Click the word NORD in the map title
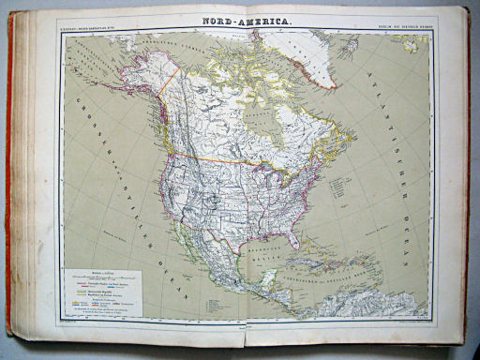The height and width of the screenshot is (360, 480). (x=218, y=20)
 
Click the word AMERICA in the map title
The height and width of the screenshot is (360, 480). (x=262, y=20)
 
